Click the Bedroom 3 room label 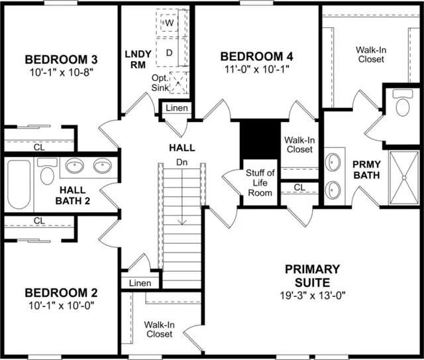coord(61,60)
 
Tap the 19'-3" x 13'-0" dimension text coord(313,295)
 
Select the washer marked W coord(169,23)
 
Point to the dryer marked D coord(170,52)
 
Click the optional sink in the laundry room coord(178,83)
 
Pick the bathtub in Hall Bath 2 coord(19,184)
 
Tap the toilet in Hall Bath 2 coord(47,171)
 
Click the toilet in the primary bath coord(403,103)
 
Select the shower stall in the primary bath coord(403,178)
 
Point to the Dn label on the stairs coord(182,162)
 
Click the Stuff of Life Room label coord(260,183)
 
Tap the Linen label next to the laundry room coord(177,108)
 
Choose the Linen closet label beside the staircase coord(140,283)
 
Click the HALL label coord(182,148)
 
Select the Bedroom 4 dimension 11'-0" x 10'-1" coord(257,70)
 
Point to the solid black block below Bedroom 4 coord(260,141)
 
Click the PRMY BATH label coord(366,170)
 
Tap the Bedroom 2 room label coord(61,293)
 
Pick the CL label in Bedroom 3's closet coord(39,147)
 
